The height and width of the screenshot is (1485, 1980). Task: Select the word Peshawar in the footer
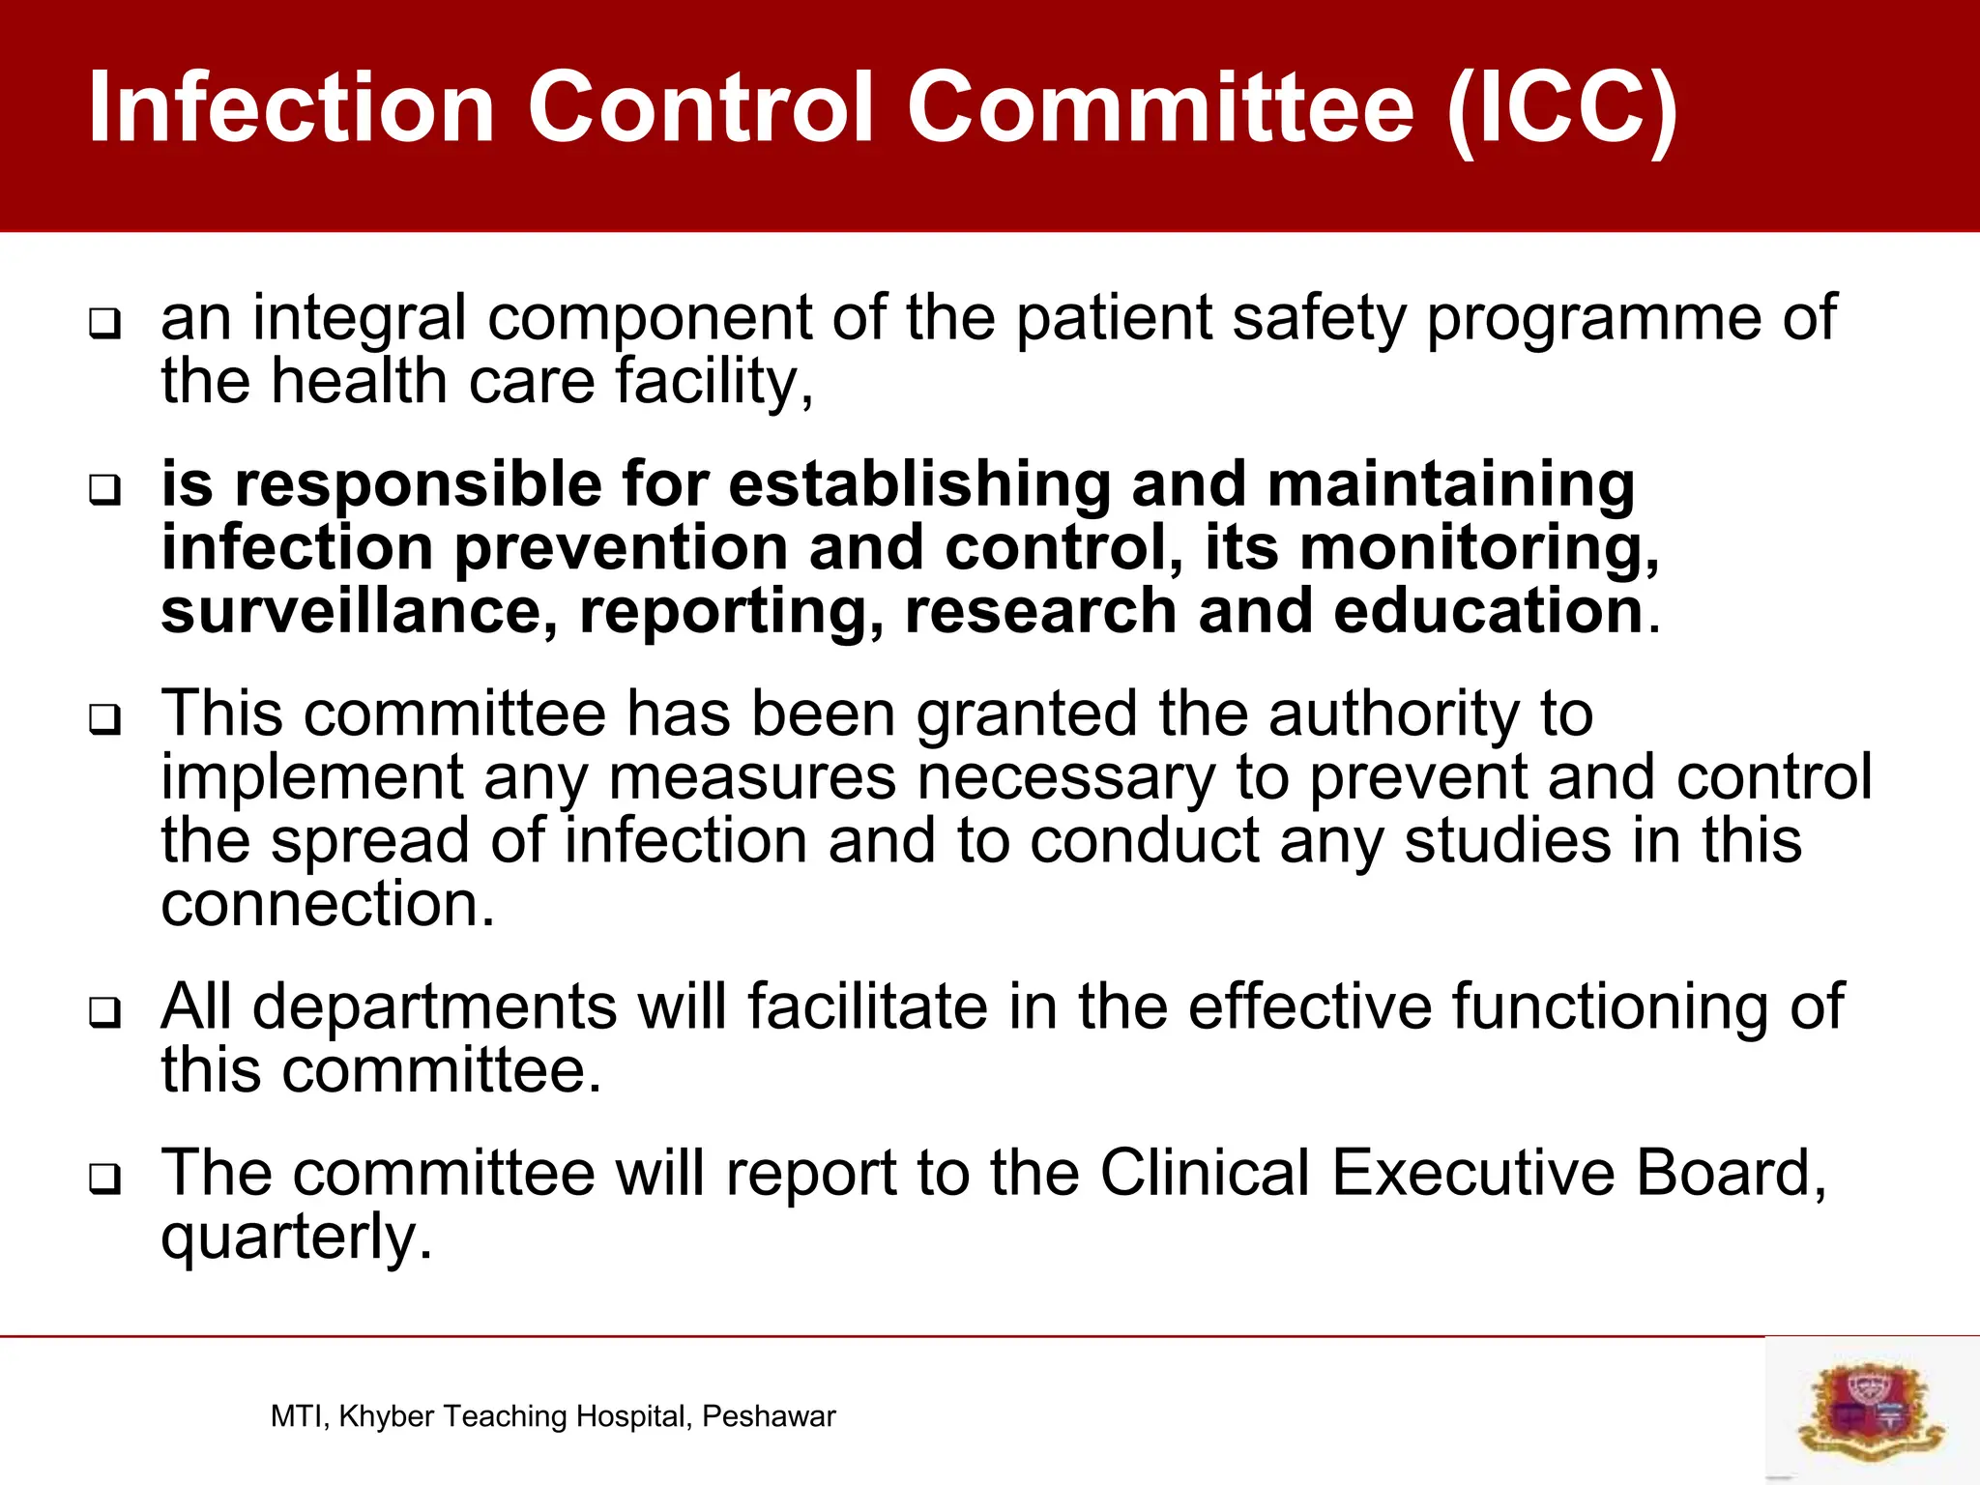[769, 1416]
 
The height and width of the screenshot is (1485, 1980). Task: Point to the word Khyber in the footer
[387, 1416]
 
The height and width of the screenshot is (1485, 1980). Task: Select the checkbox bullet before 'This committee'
[105, 719]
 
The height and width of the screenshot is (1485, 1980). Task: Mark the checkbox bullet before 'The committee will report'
[105, 1179]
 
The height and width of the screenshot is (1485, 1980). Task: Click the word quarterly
[295, 1237]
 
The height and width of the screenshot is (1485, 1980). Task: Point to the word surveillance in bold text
[359, 612]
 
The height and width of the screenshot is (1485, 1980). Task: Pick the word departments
[434, 1007]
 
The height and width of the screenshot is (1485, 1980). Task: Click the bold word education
[1488, 612]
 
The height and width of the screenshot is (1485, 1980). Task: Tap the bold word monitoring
[1478, 548]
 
